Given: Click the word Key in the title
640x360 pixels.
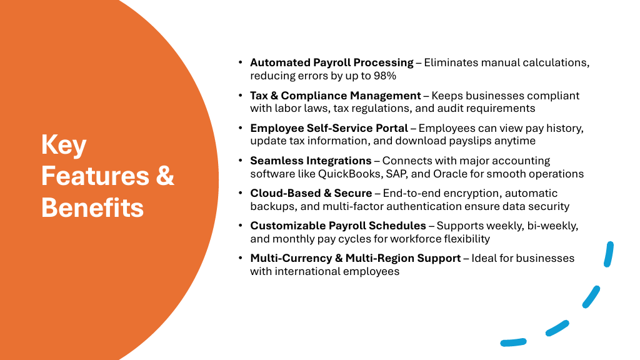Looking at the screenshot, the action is point(64,145).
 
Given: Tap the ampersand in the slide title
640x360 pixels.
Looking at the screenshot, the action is point(165,176).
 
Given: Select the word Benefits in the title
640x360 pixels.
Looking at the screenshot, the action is point(92,207).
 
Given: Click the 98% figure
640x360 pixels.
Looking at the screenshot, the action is point(385,76).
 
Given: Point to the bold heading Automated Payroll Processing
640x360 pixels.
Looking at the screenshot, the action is point(332,63).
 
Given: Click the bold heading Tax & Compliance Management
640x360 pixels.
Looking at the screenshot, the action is point(336,96).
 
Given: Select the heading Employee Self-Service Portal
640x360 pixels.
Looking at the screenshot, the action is point(329,128).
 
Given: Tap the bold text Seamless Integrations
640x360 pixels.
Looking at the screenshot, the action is point(311,161).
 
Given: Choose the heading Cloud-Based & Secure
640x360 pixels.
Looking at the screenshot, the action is point(311,193).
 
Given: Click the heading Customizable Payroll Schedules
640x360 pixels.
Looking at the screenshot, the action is point(338,226).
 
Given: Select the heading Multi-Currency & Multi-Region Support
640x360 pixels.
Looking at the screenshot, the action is point(356,258).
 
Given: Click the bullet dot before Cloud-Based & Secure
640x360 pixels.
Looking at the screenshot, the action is point(241,193).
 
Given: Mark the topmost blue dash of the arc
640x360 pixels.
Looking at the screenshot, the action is point(609,254).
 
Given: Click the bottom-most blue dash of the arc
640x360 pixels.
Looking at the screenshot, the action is point(514,342).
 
